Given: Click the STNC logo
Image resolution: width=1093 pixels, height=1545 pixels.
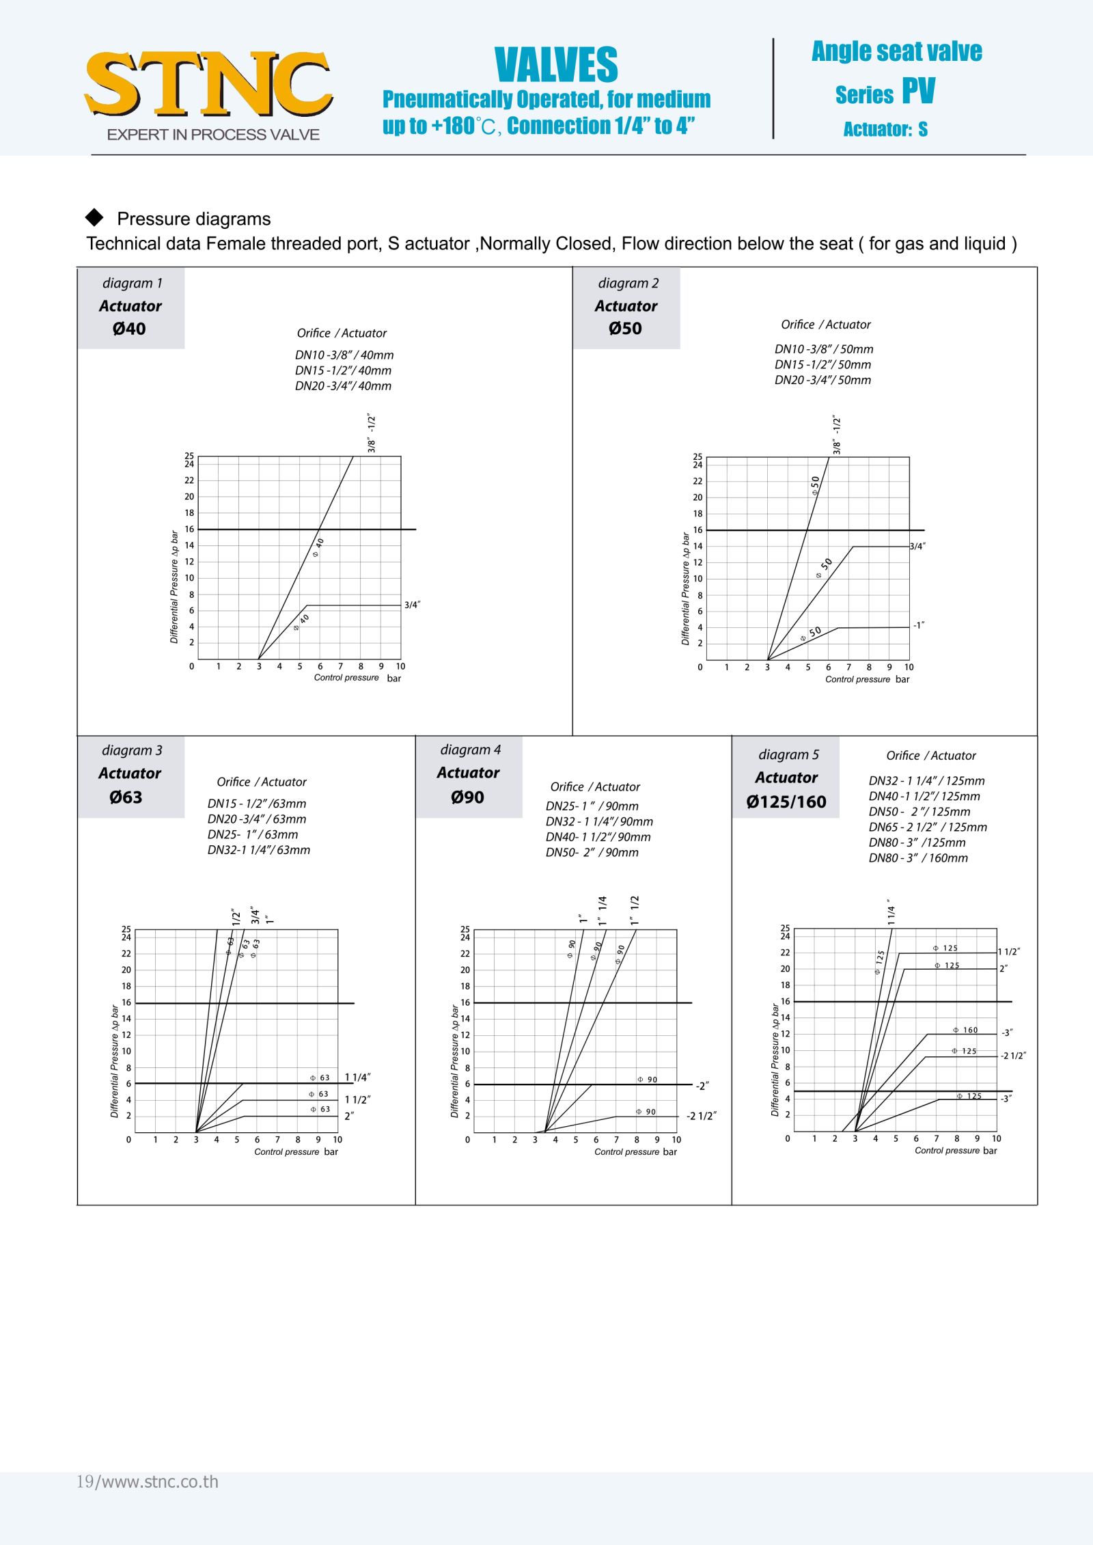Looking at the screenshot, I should click(208, 85).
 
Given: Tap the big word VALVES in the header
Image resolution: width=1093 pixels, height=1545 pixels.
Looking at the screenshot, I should click(556, 66).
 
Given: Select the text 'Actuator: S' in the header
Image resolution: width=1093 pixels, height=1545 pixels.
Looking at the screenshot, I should click(885, 129).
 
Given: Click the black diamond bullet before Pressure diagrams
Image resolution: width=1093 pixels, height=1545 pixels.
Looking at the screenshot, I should click(94, 217).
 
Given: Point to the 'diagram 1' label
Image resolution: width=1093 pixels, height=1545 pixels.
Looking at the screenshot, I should click(132, 283).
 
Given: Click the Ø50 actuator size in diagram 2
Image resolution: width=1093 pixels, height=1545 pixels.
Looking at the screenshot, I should click(625, 329).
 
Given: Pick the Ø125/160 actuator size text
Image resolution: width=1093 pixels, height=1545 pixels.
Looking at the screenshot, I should click(786, 802).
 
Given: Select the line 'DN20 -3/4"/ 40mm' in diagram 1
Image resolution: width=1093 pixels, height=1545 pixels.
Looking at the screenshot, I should click(343, 386).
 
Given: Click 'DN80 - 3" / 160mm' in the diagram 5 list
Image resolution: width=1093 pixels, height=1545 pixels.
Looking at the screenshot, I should click(917, 858).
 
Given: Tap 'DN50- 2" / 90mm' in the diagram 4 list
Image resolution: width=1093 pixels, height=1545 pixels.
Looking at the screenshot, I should click(592, 853).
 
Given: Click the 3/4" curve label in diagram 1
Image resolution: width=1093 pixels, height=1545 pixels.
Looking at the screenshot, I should click(412, 605).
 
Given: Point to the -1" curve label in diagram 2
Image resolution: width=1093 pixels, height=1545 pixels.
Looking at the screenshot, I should click(919, 625).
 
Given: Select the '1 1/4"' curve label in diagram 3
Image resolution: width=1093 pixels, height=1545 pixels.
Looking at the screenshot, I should click(357, 1078).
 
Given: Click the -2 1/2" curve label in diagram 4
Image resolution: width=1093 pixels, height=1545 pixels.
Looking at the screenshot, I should click(702, 1116).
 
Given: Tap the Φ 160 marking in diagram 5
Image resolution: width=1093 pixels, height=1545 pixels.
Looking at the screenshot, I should click(966, 1030).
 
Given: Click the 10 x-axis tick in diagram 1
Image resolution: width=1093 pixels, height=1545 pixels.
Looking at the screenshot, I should click(400, 666).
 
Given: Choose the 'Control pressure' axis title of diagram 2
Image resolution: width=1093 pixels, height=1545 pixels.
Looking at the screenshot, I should click(857, 679).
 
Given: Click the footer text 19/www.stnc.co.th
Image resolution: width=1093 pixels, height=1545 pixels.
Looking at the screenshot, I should click(148, 1481).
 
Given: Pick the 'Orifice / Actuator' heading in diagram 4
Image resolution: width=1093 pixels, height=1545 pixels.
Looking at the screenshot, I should click(595, 787).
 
